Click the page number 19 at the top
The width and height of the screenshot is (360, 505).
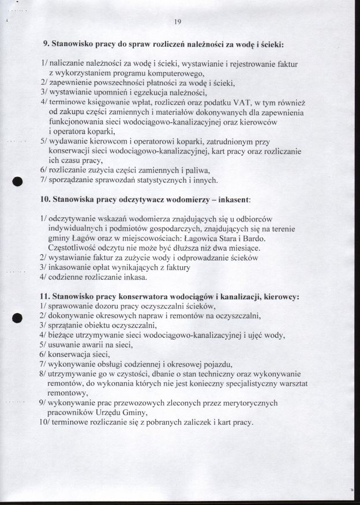coord(177,22)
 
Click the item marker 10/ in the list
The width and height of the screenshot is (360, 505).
coord(44,423)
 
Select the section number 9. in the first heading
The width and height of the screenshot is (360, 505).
coord(47,43)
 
